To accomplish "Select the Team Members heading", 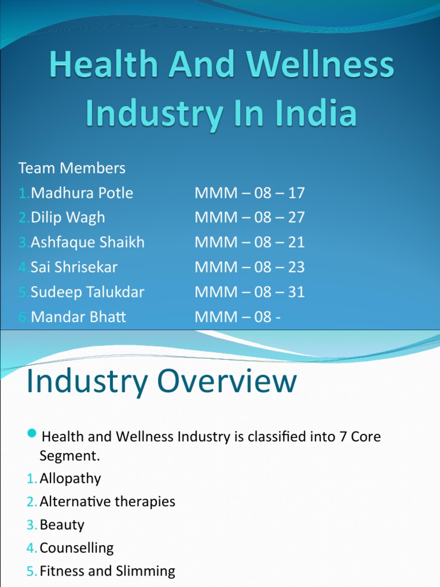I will coord(72,168).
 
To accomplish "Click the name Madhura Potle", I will coord(82,193).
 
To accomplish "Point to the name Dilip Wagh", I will coord(68,218).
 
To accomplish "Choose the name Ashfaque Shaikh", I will coord(88,242).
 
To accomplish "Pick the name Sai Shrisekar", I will coord(74,267).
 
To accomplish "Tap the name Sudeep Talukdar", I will coord(88,292).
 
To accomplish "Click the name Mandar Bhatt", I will coord(78,317).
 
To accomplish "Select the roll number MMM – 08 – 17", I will coord(250,193).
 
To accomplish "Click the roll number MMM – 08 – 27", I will coord(250,218).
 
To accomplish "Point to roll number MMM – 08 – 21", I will coord(250,242).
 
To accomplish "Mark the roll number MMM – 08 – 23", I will coord(250,267).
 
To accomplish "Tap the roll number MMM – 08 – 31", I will coord(250,292).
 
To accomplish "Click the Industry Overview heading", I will coord(162,382).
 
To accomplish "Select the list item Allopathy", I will coord(70,479).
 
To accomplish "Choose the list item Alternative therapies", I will coord(107,502).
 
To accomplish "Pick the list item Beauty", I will coord(62,525).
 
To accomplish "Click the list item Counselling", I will coord(76,548).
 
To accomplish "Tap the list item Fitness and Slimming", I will coord(107,571).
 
